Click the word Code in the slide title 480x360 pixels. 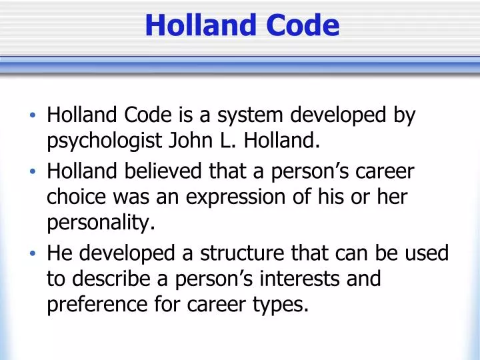(303, 26)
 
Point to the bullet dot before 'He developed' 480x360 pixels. (33, 254)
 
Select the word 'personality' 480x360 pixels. (101, 222)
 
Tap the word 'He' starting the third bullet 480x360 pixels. (59, 253)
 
